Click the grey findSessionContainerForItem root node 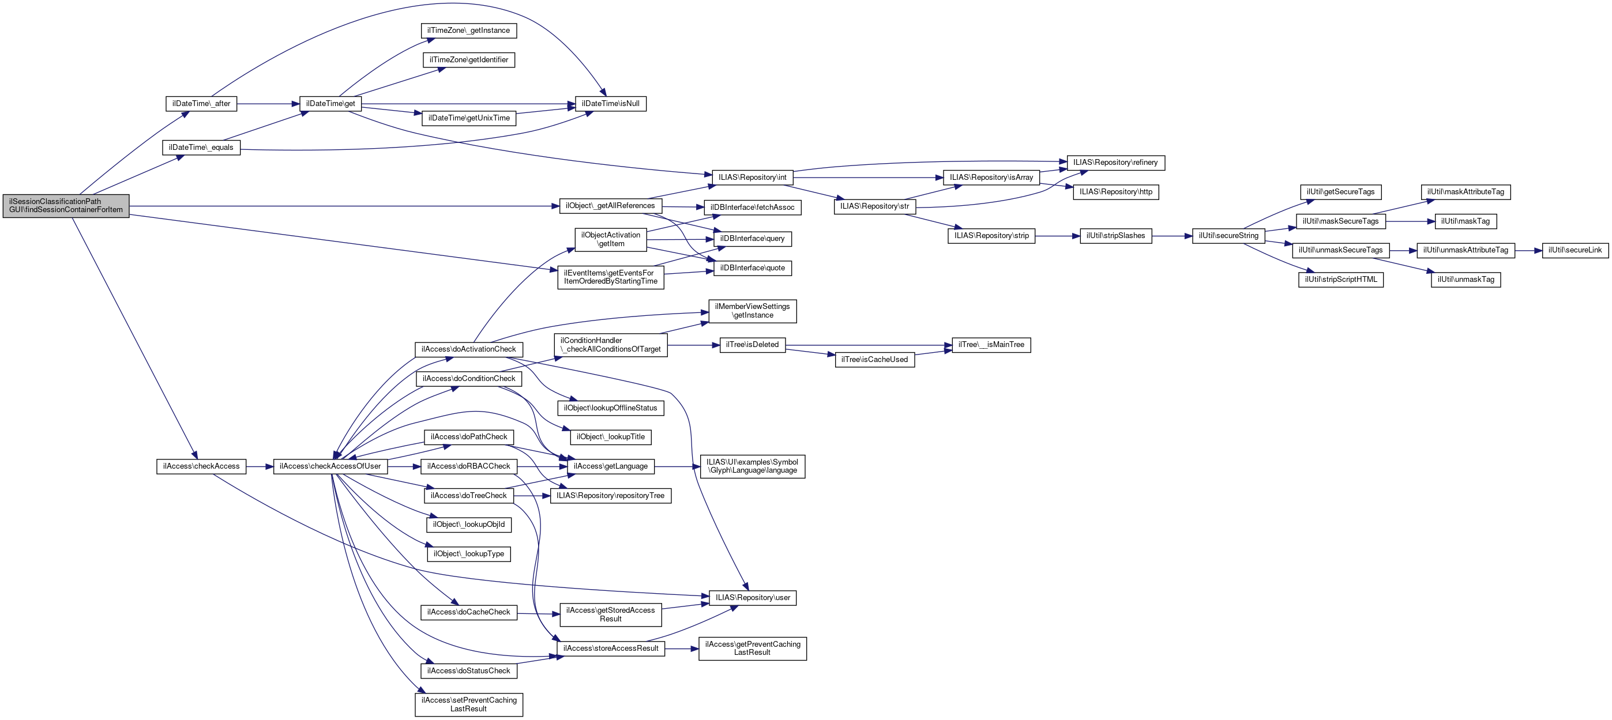[x=66, y=206]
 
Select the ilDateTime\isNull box [x=610, y=104]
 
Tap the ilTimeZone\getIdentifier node [x=469, y=60]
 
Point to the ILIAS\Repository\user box [x=752, y=598]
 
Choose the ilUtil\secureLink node [x=1575, y=250]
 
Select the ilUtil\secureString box [x=1228, y=236]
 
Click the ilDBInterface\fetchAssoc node [x=752, y=208]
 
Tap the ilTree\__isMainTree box [x=991, y=345]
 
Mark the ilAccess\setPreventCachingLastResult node [x=469, y=704]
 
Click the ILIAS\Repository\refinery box [x=1115, y=163]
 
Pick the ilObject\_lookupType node [x=469, y=554]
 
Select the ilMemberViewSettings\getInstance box [x=752, y=311]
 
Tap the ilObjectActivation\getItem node [x=610, y=240]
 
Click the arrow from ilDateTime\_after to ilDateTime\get [x=268, y=104]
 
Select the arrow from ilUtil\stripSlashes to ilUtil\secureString [x=1172, y=236]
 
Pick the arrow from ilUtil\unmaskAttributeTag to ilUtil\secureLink [x=1528, y=250]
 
